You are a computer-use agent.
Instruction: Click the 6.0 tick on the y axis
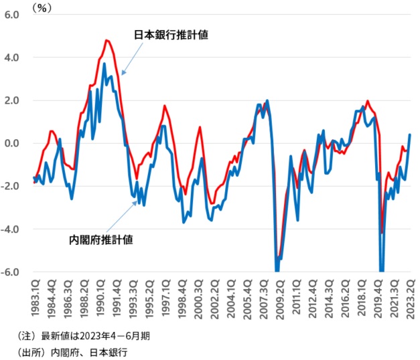click(12, 15)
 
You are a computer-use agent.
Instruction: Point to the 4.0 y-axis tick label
click(12, 58)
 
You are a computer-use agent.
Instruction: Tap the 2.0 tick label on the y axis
click(12, 100)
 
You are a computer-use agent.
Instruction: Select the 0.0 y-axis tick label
click(12, 143)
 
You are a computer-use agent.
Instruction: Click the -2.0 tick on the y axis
click(11, 186)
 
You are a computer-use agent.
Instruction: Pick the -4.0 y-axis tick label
click(11, 230)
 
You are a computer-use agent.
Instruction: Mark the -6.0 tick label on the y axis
click(11, 272)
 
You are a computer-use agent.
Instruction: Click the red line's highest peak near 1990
click(107, 41)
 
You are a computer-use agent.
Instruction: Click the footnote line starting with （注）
click(84, 335)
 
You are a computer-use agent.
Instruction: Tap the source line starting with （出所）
click(74, 351)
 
